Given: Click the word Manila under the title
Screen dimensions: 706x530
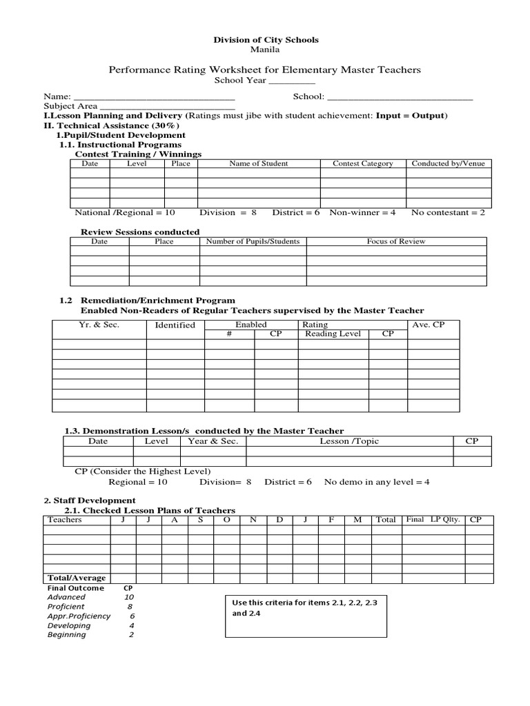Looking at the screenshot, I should [266, 50].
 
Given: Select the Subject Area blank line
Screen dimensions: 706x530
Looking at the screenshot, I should [167, 107].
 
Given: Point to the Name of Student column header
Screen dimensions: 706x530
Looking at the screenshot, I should [259, 164].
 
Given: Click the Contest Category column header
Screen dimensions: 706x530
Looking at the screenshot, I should [362, 164].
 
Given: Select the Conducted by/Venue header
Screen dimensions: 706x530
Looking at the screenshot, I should [448, 164].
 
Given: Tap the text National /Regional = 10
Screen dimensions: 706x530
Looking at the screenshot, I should [125, 213].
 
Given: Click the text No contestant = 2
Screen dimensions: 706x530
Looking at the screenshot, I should [448, 213].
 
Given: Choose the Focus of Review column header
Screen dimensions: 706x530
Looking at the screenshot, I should [396, 242].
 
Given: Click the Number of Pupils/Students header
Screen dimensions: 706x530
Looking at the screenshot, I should [253, 242].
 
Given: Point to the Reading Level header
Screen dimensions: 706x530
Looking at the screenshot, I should [333, 334].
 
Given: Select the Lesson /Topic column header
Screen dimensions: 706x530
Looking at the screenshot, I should [349, 442].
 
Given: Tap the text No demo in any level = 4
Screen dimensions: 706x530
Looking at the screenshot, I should [377, 483].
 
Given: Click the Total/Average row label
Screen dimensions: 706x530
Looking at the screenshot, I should [76, 578].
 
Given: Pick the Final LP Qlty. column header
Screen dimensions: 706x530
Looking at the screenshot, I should [433, 520].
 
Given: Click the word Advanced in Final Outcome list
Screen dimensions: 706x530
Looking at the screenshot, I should [66, 597].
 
